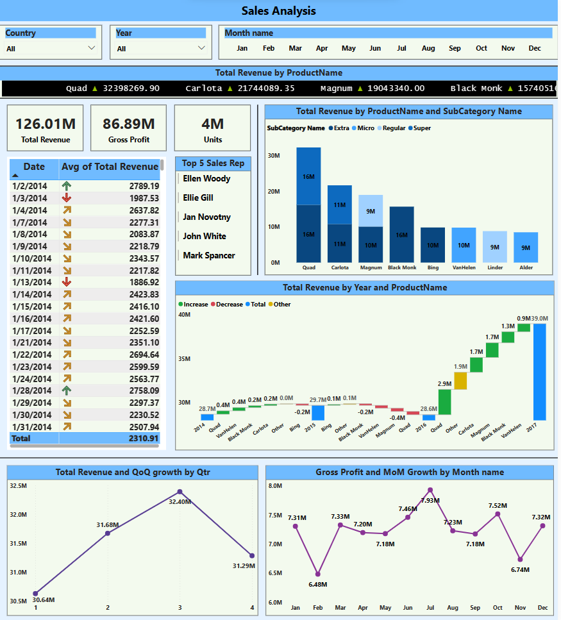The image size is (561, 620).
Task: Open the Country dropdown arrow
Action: coord(91,48)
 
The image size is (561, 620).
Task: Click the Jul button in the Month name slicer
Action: coord(402,48)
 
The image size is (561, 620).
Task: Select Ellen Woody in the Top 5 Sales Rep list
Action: coord(206,178)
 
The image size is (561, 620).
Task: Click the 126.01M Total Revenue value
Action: coord(45,124)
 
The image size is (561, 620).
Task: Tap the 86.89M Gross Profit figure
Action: coord(128,124)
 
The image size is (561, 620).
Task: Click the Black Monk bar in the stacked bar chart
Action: coord(401,235)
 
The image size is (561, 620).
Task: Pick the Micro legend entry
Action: coord(365,128)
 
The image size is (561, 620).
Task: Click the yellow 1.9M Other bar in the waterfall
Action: coord(460,381)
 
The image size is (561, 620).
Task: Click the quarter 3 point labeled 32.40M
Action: coord(180,492)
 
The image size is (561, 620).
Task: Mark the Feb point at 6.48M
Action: coord(317,574)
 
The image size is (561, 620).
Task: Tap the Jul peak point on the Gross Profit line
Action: coord(430,490)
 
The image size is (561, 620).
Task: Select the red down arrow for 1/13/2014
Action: coord(67,282)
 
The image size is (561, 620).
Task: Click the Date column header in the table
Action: coord(34,167)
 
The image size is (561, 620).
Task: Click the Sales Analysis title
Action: coord(279,11)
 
